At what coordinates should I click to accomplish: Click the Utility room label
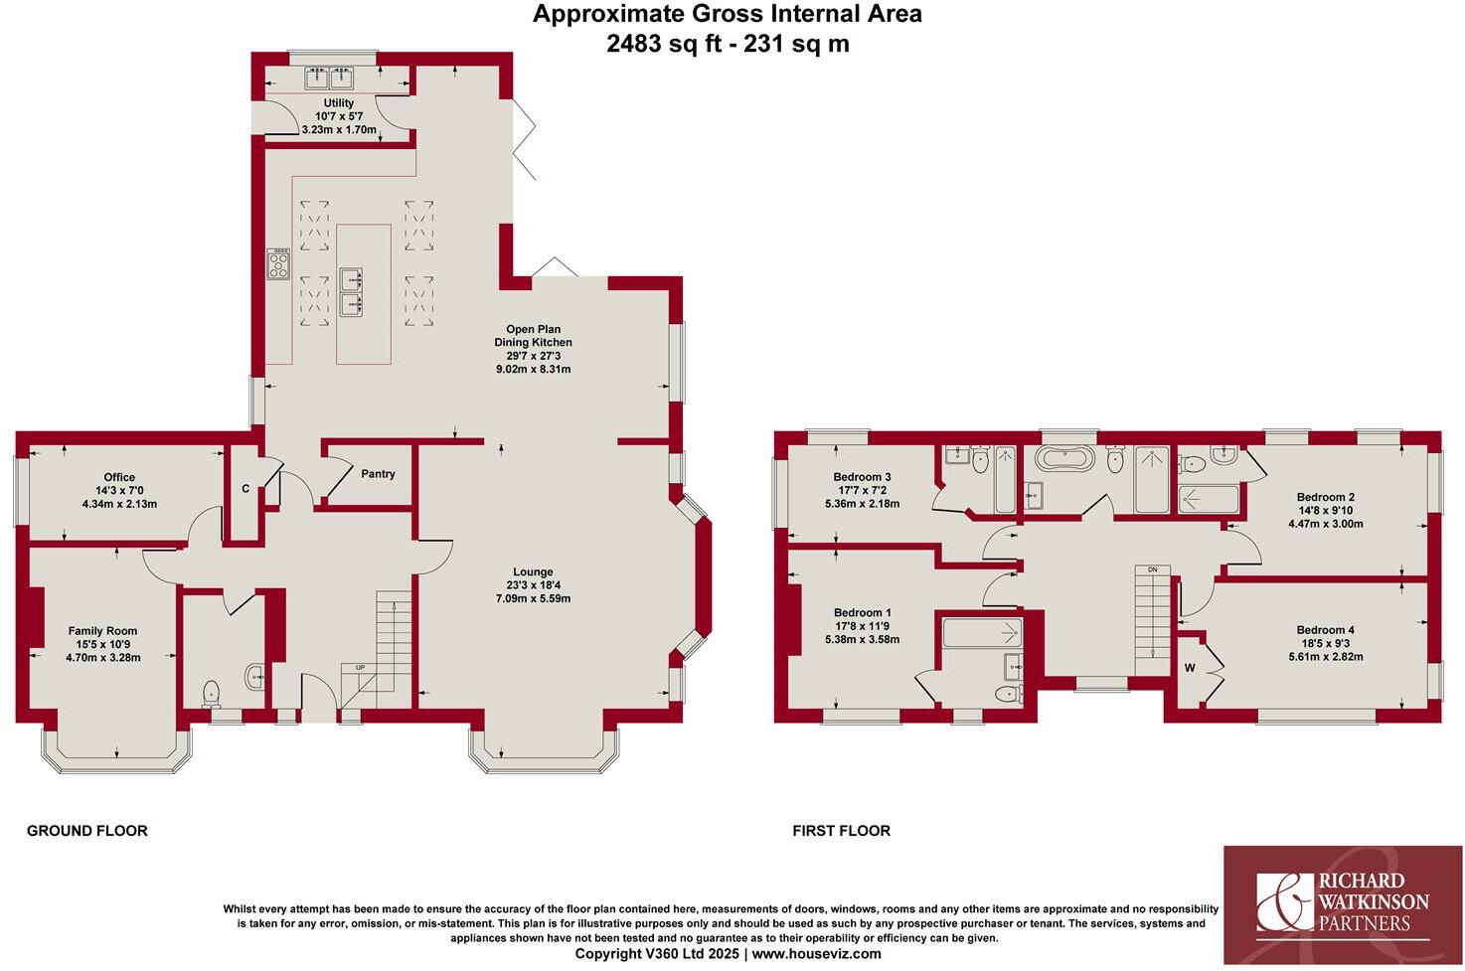click(x=338, y=103)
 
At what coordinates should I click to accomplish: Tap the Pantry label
click(x=378, y=474)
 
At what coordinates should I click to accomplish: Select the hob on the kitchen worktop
click(x=278, y=263)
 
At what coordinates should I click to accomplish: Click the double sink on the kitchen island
click(x=351, y=290)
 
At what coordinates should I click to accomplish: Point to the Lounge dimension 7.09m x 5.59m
click(x=533, y=598)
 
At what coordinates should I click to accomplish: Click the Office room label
click(x=119, y=478)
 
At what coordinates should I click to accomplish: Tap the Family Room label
click(x=102, y=631)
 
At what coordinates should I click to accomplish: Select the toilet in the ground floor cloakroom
click(x=211, y=691)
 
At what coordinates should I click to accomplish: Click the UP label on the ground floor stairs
click(x=360, y=667)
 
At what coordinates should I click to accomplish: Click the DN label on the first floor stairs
click(x=1152, y=569)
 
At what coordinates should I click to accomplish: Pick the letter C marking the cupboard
click(x=245, y=489)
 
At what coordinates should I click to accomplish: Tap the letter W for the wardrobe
click(x=1189, y=668)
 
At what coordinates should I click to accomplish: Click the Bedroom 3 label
click(x=861, y=478)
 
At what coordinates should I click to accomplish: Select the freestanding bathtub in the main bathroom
click(x=1064, y=459)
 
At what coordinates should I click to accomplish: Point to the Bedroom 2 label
click(x=1325, y=497)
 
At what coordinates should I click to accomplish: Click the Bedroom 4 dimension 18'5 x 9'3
click(x=1325, y=643)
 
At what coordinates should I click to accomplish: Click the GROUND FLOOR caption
click(x=86, y=831)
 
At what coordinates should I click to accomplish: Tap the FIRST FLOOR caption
click(x=841, y=831)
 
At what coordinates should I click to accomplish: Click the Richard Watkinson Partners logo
click(x=1343, y=904)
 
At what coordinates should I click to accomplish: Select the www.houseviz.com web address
click(x=816, y=954)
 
